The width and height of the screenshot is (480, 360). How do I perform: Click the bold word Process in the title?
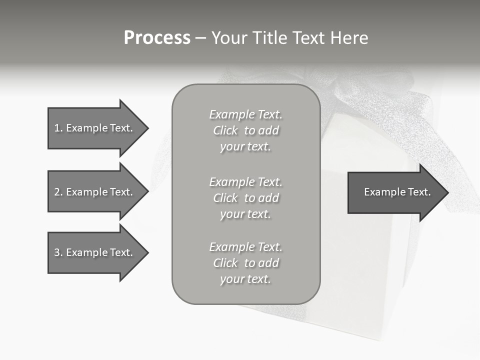(157, 38)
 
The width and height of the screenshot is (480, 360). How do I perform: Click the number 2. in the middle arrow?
(58, 192)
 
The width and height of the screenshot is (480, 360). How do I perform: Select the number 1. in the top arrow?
(58, 128)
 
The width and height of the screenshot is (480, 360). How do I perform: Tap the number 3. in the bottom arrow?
(58, 252)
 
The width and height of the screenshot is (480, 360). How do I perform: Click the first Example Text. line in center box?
(245, 114)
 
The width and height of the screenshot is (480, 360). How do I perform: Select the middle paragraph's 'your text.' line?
(245, 214)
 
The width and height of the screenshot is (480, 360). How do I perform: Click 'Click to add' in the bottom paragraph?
(245, 263)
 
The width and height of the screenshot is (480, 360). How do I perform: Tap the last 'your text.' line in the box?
(245, 279)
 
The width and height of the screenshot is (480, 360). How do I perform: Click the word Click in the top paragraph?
(225, 130)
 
